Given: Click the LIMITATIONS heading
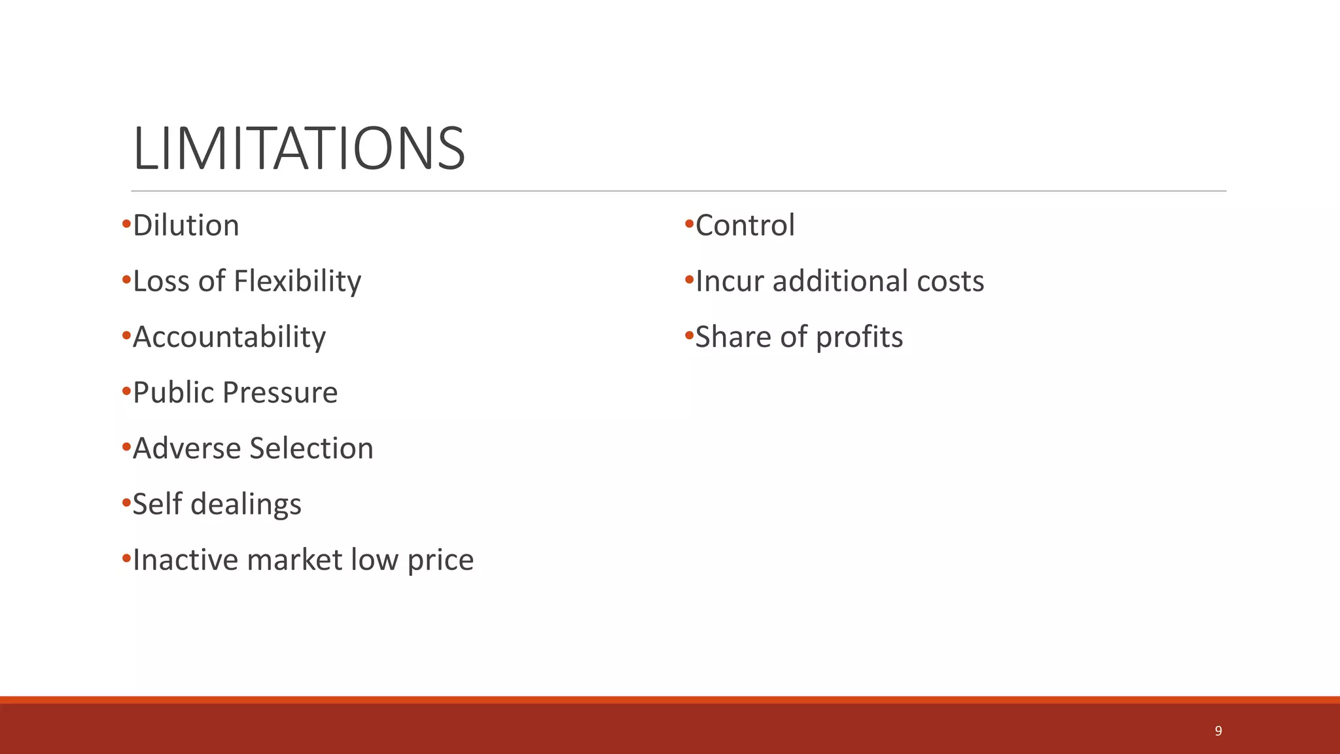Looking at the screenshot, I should click(x=299, y=149).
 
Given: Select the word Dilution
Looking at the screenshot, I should click(x=186, y=226).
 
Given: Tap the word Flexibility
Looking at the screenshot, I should click(x=297, y=281).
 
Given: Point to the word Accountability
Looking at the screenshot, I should click(x=229, y=338).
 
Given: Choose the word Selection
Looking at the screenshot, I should click(x=311, y=449).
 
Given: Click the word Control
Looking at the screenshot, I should click(x=745, y=226).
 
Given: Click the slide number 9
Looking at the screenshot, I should click(x=1218, y=731).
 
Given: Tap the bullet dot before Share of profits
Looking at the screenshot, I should click(x=688, y=336).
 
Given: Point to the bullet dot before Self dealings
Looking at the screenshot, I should click(x=126, y=503).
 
